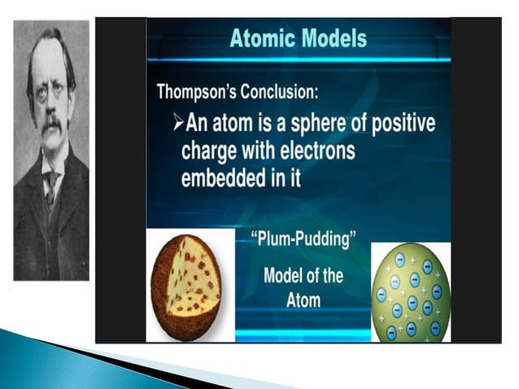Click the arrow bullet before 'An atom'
pyautogui.click(x=180, y=125)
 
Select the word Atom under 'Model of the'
pyautogui.click(x=303, y=299)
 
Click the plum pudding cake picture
pyautogui.click(x=189, y=285)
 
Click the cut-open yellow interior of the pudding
pyautogui.click(x=200, y=281)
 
